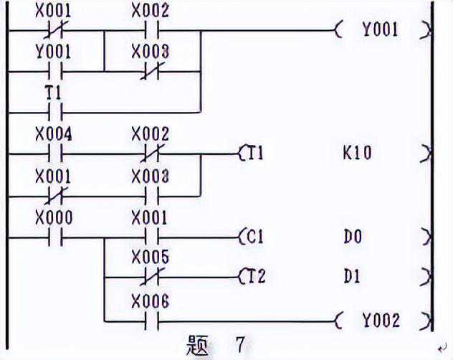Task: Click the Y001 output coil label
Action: coord(379,30)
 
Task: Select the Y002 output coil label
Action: coord(379,320)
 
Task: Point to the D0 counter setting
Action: coord(352,236)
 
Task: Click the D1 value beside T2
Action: coord(352,276)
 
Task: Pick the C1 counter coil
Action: coord(251,236)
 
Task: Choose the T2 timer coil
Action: coord(251,276)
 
